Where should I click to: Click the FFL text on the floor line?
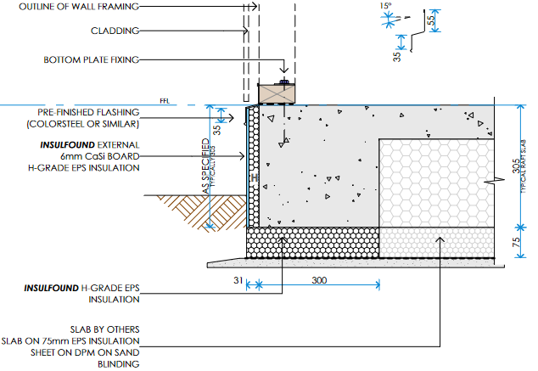[x=165, y=101]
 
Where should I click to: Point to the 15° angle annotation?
[x=387, y=7]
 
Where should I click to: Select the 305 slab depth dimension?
[x=517, y=166]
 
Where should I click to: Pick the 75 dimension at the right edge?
[x=517, y=242]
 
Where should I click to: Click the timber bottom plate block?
[x=276, y=93]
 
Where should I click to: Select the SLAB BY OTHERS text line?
[x=106, y=329]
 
